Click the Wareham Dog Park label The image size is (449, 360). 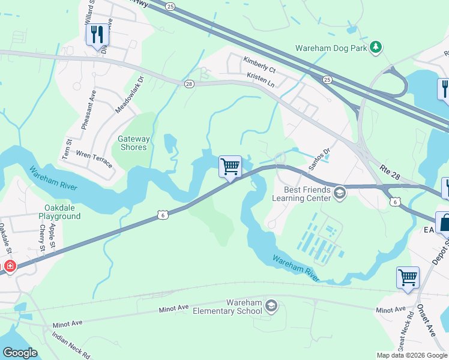coord(331,47)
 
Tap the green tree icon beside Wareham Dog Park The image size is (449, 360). coord(376,47)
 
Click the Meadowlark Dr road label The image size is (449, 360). coord(130,95)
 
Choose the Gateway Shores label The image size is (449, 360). coord(133,143)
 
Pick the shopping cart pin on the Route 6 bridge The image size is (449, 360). coord(230,166)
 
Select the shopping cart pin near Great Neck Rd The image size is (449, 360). coord(408,278)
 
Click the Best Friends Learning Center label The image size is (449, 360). coord(301,193)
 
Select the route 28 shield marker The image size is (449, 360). coord(189,85)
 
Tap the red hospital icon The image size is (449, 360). coord(10,266)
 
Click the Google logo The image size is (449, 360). coord(20,353)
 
